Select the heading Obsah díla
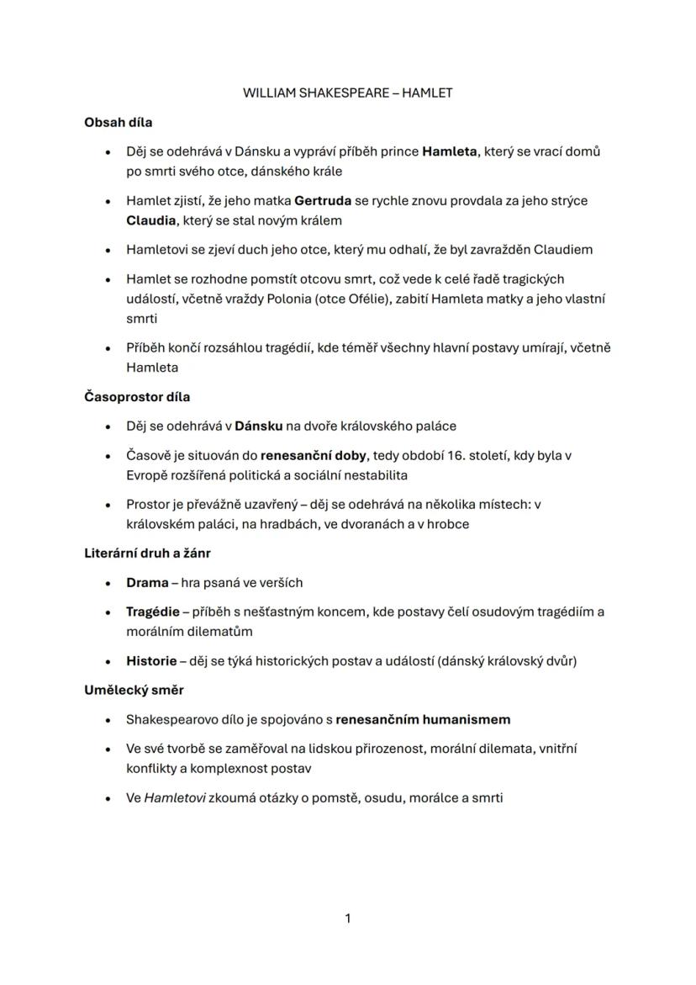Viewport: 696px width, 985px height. [118, 122]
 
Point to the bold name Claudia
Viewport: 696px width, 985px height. [151, 220]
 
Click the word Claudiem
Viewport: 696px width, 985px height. [563, 249]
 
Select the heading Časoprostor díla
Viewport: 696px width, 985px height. [137, 396]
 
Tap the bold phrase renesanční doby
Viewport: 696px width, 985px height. [313, 455]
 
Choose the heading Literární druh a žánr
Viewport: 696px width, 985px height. [147, 553]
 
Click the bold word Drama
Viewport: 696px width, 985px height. [147, 582]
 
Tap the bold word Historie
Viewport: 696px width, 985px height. [151, 660]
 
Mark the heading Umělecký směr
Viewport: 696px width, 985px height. [134, 690]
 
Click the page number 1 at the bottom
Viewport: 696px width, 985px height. [348, 919]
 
